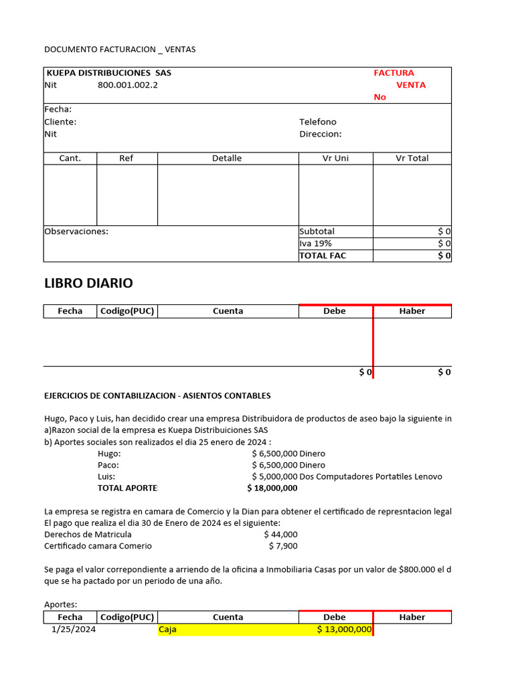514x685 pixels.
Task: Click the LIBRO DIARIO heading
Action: [88, 283]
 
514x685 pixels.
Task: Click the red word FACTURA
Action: [394, 73]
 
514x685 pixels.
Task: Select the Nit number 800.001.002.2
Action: [128, 85]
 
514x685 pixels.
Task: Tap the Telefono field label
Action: [318, 122]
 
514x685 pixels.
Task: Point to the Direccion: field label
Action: [320, 134]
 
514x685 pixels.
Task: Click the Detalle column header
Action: [227, 159]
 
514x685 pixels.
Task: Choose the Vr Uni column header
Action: [335, 159]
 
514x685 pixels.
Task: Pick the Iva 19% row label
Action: [315, 243]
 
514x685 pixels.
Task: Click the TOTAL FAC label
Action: [323, 256]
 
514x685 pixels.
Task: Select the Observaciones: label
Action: [76, 231]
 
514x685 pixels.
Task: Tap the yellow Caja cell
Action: [168, 629]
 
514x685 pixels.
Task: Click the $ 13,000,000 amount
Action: [344, 629]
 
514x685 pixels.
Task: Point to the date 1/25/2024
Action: [74, 629]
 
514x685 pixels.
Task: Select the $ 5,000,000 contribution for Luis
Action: [274, 476]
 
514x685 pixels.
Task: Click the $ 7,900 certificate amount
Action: [283, 546]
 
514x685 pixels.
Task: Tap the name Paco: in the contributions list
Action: [108, 465]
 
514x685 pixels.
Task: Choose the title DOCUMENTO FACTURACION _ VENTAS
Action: [120, 50]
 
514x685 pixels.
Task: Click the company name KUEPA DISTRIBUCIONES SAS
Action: [108, 73]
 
